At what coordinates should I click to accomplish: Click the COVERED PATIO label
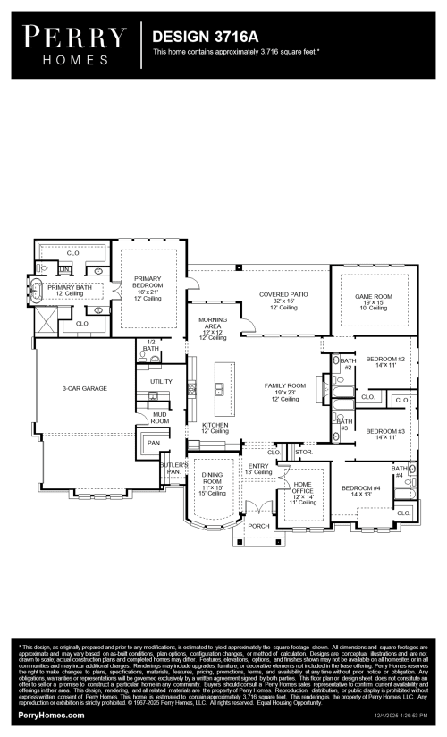(283, 300)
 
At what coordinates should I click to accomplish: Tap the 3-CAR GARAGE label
(87, 388)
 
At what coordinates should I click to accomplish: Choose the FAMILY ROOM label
(284, 391)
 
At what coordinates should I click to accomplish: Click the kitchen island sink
(218, 388)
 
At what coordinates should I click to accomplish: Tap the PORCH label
(259, 526)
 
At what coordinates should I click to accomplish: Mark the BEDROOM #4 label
(360, 490)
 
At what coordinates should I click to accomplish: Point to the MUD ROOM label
(159, 418)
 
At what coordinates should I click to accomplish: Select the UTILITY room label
(161, 382)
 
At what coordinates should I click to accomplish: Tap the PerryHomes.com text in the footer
(52, 716)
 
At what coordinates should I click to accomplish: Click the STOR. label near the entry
(303, 453)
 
